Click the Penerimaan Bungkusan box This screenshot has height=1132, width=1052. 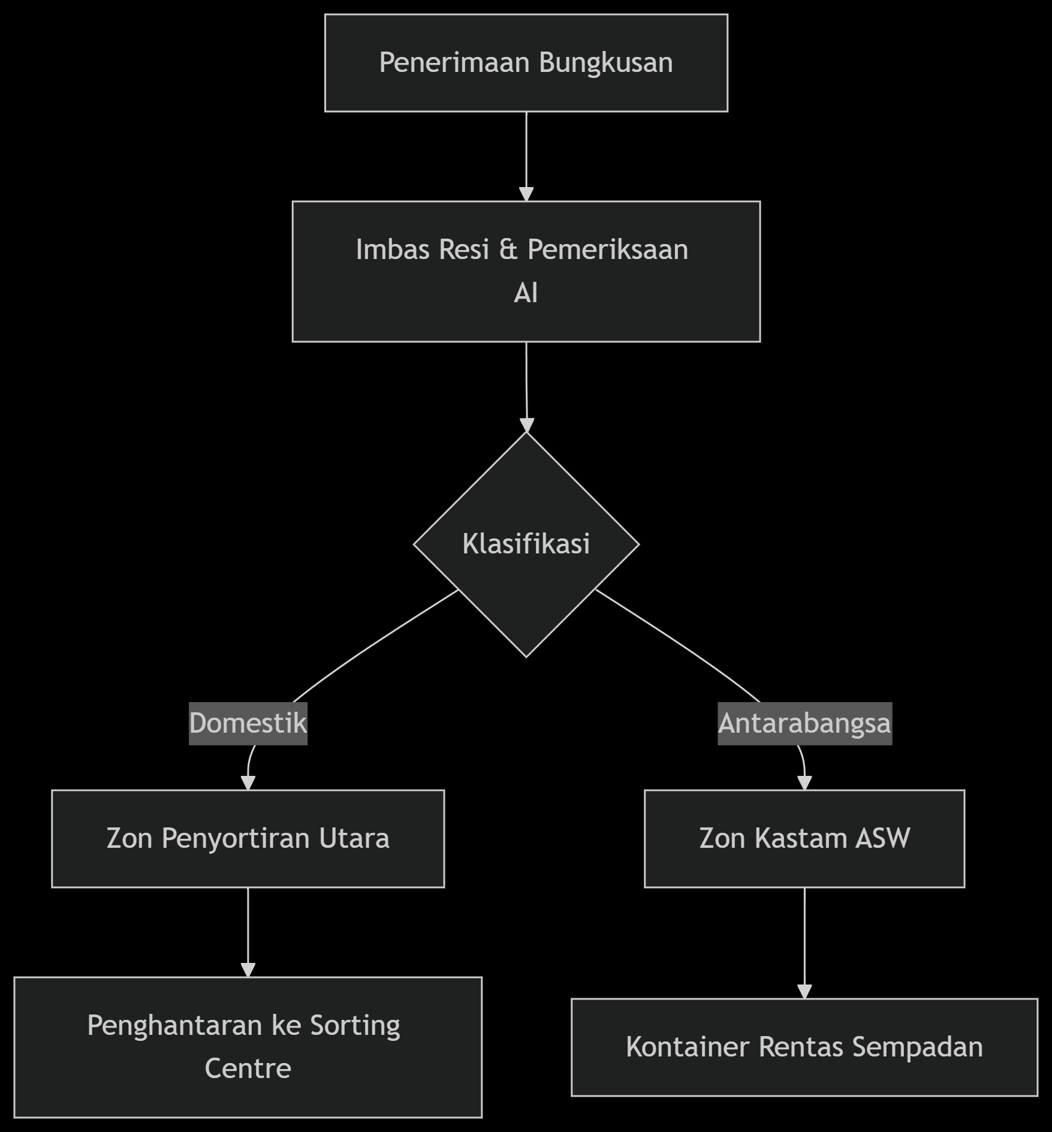[x=526, y=63]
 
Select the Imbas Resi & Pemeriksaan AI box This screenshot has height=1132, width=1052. [x=526, y=272]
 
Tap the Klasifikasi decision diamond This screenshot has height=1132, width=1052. [x=526, y=544]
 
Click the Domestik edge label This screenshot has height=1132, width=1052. [x=248, y=723]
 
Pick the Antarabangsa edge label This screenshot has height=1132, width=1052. [x=804, y=723]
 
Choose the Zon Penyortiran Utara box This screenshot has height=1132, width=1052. [x=248, y=838]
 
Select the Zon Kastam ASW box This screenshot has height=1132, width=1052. [x=804, y=838]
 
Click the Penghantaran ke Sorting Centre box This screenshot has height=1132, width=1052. [x=248, y=1047]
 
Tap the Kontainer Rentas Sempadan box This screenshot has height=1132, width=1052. [x=804, y=1047]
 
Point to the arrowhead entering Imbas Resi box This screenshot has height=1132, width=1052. [x=526, y=194]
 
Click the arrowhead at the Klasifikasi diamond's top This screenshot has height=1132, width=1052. [x=527, y=425]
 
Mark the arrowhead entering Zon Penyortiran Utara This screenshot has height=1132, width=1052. [x=248, y=783]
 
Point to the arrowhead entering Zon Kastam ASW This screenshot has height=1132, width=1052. [x=804, y=783]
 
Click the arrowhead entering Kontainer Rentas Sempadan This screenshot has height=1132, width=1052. [x=804, y=992]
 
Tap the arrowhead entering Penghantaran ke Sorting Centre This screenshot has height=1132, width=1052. [x=248, y=970]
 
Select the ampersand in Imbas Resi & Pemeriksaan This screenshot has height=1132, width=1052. [x=508, y=249]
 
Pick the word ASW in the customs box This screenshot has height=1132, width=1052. [x=883, y=838]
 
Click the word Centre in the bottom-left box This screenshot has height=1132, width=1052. [x=248, y=1068]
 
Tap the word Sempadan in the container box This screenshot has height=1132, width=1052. [x=918, y=1047]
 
